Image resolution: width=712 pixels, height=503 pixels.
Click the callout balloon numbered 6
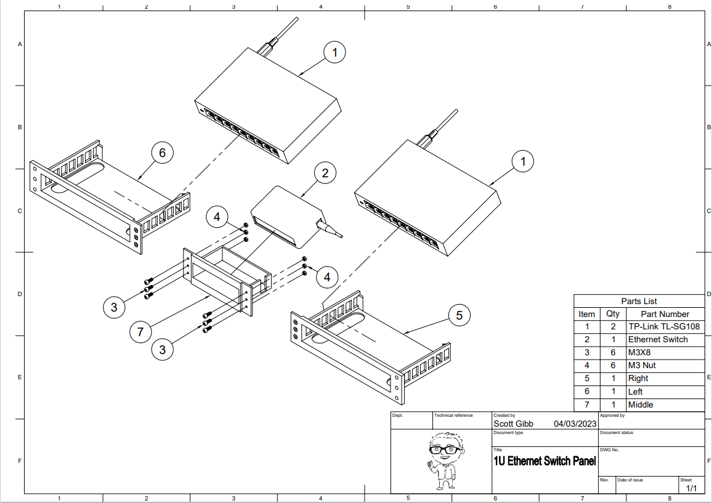(163, 153)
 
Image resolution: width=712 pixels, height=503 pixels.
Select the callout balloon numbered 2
(325, 174)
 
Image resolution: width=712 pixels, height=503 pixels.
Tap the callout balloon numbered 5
(459, 316)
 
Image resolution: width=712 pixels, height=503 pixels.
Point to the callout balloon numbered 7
(140, 332)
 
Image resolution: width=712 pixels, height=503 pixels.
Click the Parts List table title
(639, 301)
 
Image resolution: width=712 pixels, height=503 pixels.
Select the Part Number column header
(665, 314)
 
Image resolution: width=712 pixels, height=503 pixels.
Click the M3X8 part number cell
(639, 353)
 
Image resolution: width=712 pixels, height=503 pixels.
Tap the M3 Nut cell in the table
(642, 366)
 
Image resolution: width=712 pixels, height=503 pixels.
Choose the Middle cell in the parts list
(641, 404)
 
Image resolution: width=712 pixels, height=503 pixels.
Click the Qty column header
(613, 314)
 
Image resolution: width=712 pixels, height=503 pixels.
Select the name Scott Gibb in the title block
(513, 424)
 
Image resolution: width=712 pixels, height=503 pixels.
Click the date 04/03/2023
(575, 424)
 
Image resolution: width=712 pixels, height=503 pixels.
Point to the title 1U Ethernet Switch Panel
(544, 461)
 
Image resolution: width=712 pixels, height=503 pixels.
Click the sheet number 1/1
(691, 488)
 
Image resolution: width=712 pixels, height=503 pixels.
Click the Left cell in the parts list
(635, 392)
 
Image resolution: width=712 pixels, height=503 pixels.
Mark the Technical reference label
(453, 416)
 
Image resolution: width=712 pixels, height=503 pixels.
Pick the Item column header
(587, 314)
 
